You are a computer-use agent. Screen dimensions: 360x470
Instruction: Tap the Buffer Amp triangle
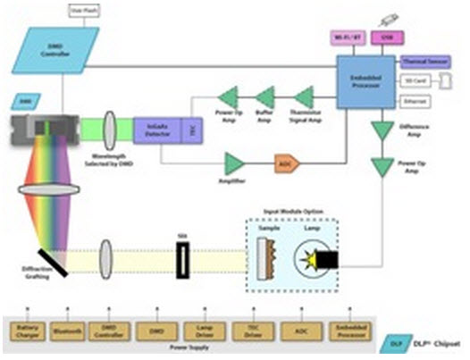click(265, 95)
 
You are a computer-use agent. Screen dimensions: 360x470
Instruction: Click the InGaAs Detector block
click(157, 130)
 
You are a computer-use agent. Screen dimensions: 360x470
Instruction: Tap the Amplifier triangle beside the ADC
click(235, 163)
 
